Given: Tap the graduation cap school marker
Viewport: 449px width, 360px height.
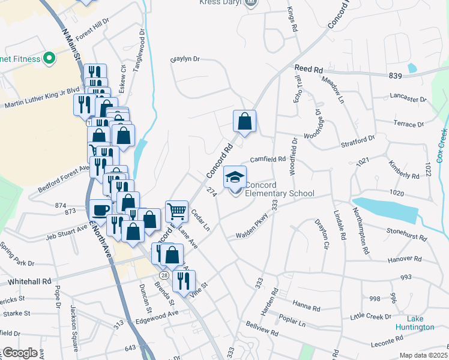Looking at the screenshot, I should click(x=235, y=176).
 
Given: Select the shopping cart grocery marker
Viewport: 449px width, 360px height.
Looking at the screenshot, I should click(x=176, y=211).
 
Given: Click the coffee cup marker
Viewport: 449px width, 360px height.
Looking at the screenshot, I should click(x=100, y=209).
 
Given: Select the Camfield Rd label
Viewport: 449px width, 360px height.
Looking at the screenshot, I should click(x=267, y=160).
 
